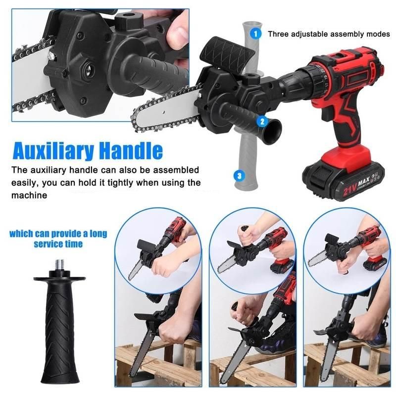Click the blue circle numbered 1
pyautogui.click(x=255, y=34)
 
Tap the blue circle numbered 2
pyautogui.click(x=262, y=120)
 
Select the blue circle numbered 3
pyautogui.click(x=240, y=175)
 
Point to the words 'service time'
pyautogui.click(x=58, y=244)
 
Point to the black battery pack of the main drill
pyautogui.click(x=344, y=178)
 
